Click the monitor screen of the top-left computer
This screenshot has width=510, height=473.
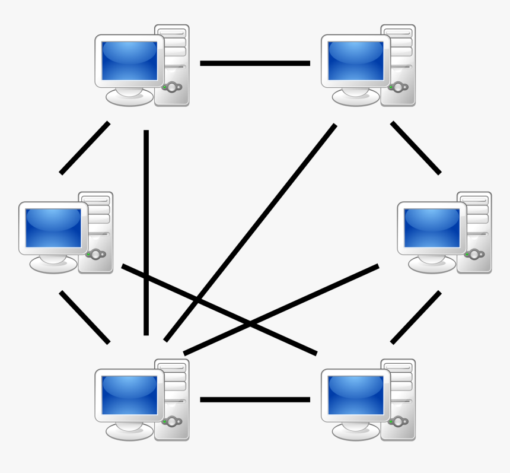click(x=129, y=61)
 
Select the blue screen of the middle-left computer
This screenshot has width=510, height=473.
click(x=53, y=228)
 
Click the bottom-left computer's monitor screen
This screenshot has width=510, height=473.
click(x=129, y=395)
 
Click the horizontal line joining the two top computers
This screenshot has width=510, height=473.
click(x=255, y=63)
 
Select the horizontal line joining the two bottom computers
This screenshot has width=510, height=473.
click(x=255, y=399)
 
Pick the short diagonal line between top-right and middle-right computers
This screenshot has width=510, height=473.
click(x=416, y=148)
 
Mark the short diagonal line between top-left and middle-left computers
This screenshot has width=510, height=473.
click(x=85, y=148)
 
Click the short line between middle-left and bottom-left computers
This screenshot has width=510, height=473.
click(x=85, y=317)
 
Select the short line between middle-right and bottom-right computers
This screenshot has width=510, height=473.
click(x=416, y=317)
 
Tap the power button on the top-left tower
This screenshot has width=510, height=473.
click(x=172, y=87)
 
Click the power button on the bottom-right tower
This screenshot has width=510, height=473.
click(x=398, y=421)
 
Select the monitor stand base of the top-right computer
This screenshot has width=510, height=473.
click(x=356, y=98)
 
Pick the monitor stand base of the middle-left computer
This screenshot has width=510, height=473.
click(x=53, y=265)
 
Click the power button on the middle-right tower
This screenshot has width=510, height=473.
click(x=474, y=255)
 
